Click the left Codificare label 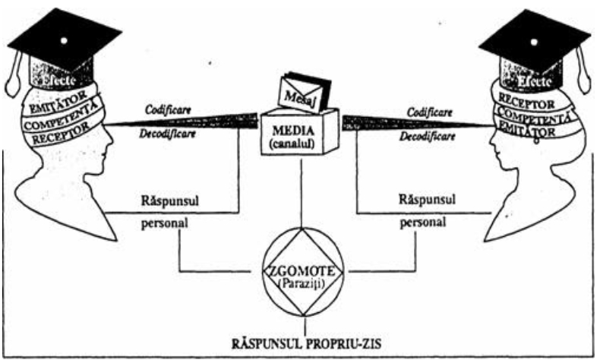169,109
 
